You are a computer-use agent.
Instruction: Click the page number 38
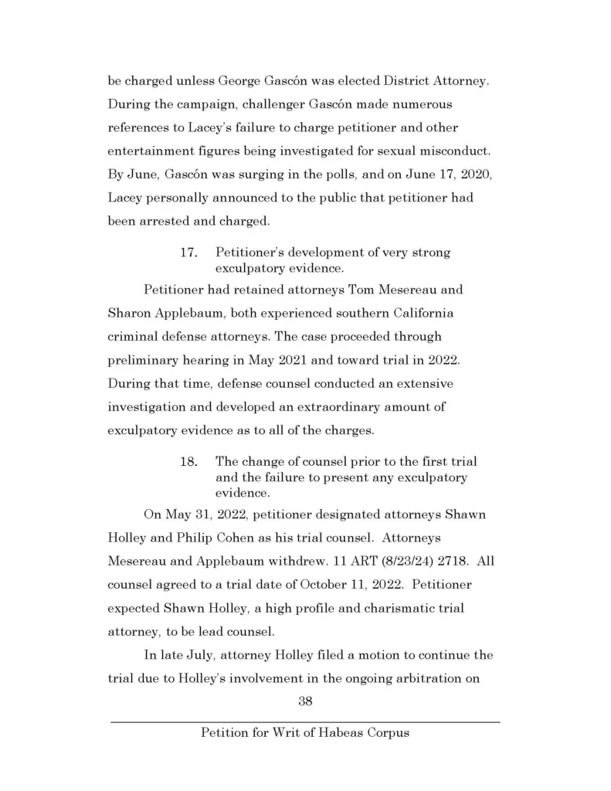(305, 702)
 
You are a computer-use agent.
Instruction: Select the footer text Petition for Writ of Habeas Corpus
(305, 732)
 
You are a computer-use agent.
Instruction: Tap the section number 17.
(189, 253)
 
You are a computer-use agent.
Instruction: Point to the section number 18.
(189, 461)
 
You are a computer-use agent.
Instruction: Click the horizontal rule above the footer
(305, 721)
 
